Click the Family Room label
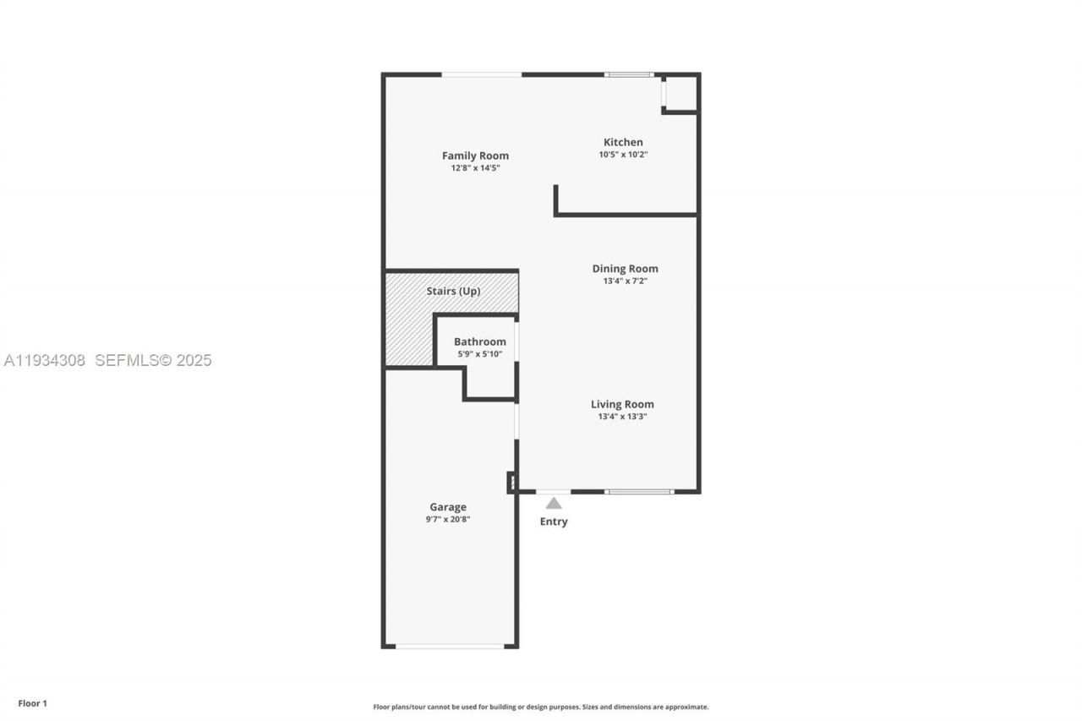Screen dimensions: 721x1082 (475, 156)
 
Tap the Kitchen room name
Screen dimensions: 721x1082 (622, 142)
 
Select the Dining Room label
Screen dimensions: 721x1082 (625, 269)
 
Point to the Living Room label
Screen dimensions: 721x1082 (622, 404)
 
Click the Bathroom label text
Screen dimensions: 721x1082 (479, 341)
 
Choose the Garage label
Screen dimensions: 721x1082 (447, 507)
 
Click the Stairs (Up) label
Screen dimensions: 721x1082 (453, 291)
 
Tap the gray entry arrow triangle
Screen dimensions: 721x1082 (553, 503)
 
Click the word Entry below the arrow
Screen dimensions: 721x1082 (554, 522)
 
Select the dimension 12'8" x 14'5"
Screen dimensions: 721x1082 (475, 168)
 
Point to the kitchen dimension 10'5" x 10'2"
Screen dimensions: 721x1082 (622, 155)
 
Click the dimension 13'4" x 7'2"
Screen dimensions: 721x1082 (625, 281)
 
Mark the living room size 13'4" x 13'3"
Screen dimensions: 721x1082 (622, 417)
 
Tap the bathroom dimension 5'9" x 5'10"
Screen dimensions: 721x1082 (479, 353)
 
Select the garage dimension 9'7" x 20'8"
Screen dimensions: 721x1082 (447, 519)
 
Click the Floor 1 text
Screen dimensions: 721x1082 (32, 703)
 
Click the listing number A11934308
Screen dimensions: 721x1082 (45, 360)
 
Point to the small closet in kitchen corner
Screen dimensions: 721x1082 (681, 93)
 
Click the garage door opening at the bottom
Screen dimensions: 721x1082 (450, 647)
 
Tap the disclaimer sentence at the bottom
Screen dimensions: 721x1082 (541, 707)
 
